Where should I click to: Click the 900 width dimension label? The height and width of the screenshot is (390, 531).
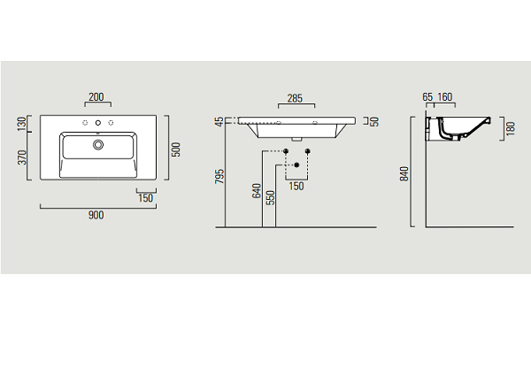96,215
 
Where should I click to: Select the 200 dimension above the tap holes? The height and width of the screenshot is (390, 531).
96,96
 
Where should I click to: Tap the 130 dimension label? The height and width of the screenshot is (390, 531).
21,124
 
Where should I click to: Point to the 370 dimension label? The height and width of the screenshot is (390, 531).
21,157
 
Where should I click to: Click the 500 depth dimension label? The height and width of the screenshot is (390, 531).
176,149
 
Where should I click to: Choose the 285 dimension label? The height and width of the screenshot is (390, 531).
295,98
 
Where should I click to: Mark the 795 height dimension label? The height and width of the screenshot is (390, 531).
219,176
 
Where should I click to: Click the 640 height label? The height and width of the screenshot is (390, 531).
257,191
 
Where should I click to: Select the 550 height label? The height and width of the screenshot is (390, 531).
270,198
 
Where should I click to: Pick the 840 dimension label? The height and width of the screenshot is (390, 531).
404,173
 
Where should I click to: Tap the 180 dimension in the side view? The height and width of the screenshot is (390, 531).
511,128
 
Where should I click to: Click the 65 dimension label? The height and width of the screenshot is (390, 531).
427,97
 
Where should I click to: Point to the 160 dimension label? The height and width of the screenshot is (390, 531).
444,97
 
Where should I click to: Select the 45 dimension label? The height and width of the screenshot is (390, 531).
219,121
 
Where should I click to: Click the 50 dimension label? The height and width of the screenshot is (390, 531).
374,121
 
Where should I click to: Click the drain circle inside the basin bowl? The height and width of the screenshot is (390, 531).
98,144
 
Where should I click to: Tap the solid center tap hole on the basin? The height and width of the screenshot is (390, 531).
98,123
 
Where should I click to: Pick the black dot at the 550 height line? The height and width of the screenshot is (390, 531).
296,164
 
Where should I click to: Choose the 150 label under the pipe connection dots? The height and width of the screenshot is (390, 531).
296,186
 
